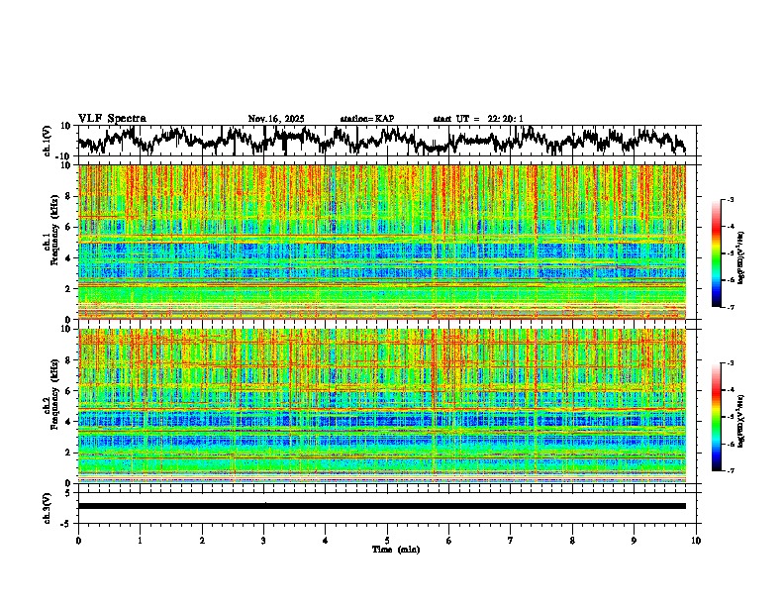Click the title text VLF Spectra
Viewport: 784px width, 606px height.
point(112,119)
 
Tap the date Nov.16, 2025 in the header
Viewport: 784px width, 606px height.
point(276,119)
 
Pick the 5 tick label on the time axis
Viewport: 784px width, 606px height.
point(387,540)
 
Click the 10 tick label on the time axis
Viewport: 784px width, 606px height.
point(696,540)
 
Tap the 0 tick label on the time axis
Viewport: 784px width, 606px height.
point(78,540)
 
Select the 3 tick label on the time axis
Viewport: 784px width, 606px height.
point(263,540)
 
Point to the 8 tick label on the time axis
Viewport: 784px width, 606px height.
point(572,540)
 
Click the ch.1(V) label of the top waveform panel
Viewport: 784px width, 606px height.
point(48,141)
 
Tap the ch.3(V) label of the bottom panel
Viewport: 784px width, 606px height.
point(48,506)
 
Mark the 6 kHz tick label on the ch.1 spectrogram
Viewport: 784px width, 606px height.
point(70,227)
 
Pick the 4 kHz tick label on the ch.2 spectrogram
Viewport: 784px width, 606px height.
point(70,422)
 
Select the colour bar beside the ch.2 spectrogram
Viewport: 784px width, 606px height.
point(728,417)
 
